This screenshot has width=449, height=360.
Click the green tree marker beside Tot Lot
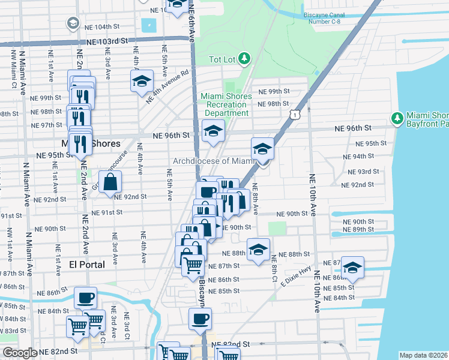coord(244,58)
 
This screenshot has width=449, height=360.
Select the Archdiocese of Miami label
coord(214,161)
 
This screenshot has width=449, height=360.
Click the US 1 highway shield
coord(294,113)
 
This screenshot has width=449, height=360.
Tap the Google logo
coord(19,353)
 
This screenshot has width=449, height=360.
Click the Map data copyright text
coord(423,355)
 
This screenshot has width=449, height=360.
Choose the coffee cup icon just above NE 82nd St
coord(200,319)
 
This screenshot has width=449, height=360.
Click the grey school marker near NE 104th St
coord(73,23)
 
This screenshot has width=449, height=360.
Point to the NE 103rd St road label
coord(107,41)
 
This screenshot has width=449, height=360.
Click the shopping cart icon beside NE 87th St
coord(192,265)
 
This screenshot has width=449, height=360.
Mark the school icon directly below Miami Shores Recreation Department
coord(212,131)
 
